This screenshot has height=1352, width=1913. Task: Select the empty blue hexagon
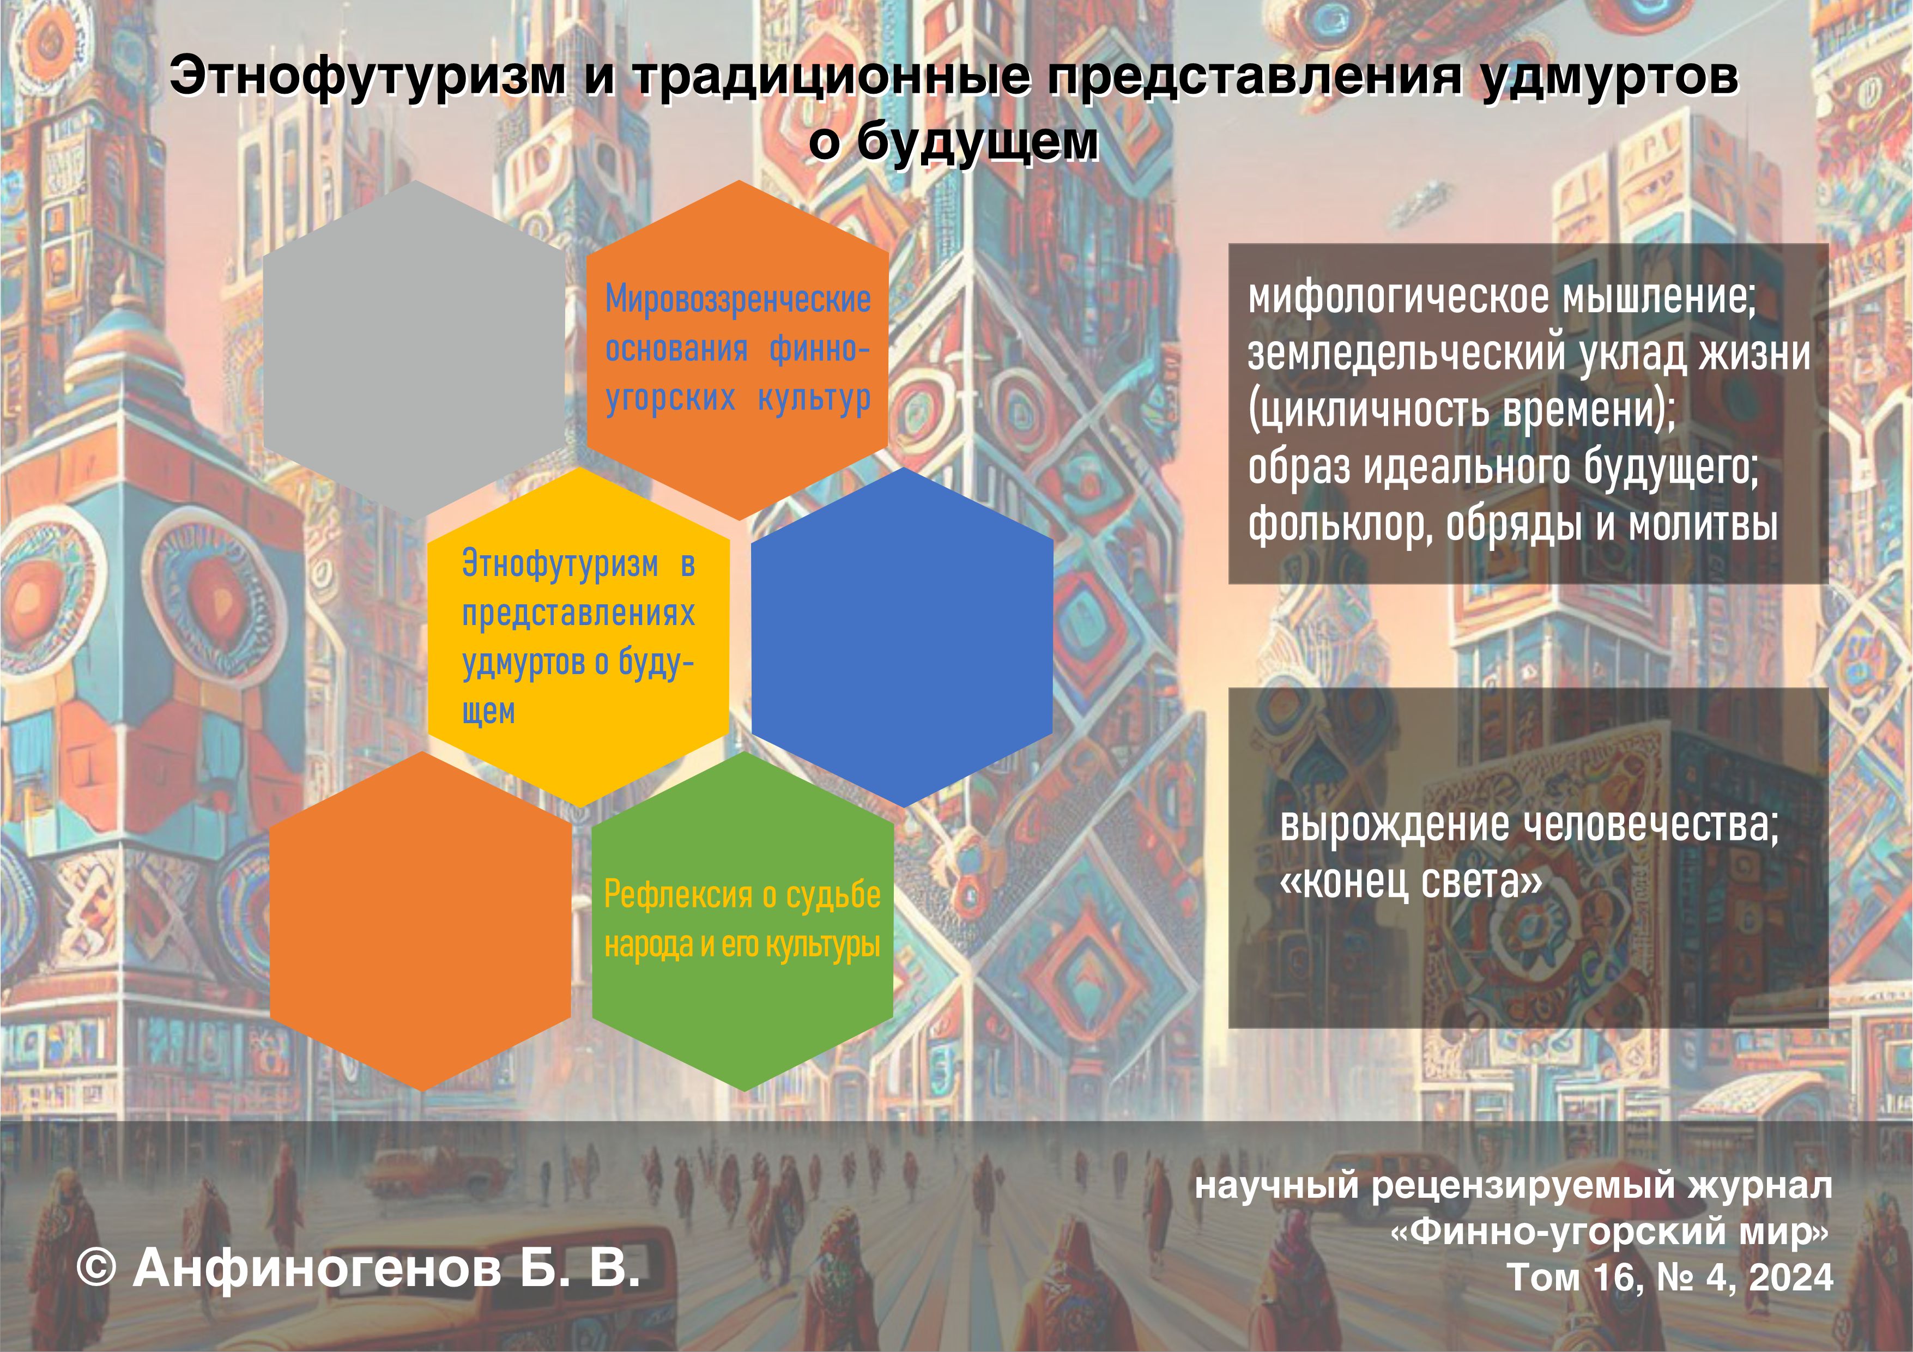903,637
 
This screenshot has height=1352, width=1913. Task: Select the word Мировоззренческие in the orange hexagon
738,299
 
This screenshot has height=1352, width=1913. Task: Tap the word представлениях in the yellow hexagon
578,614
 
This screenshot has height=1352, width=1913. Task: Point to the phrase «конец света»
1410,881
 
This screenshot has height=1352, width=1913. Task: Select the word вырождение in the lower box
1395,826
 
